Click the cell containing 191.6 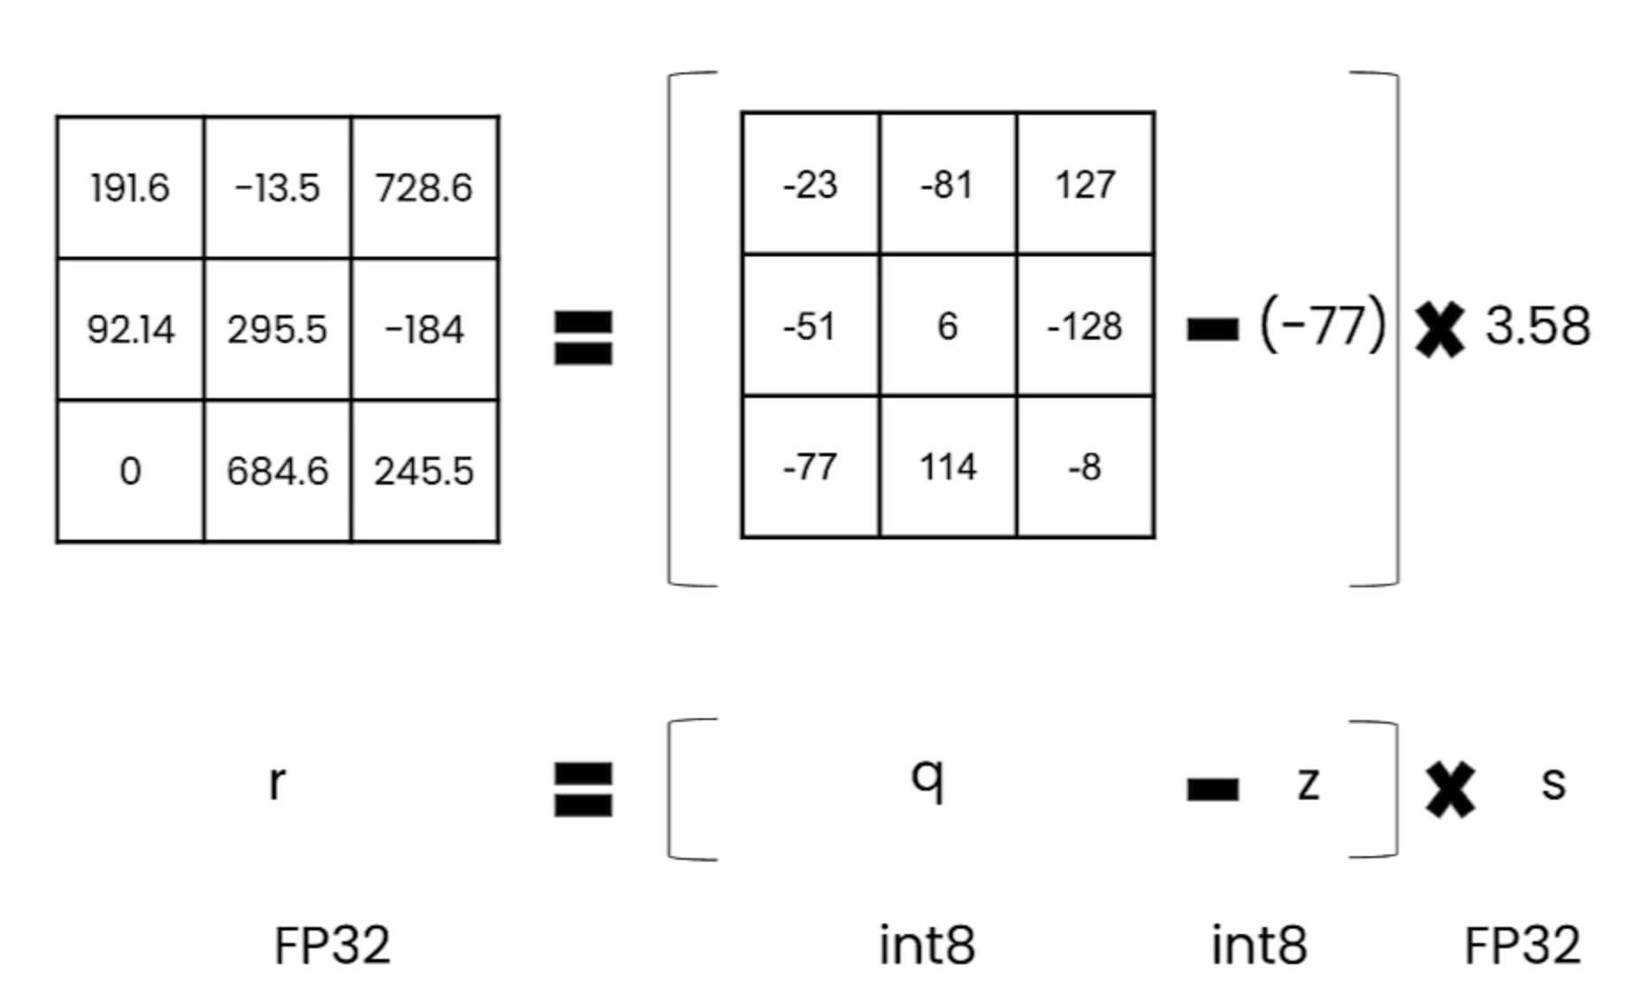click(130, 188)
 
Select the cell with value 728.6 click(424, 188)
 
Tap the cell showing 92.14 click(130, 329)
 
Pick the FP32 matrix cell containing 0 click(130, 471)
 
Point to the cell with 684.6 click(278, 471)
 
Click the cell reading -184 click(424, 329)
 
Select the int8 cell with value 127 click(1086, 184)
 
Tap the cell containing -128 click(1086, 326)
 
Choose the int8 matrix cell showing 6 click(948, 326)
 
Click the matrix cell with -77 click(810, 466)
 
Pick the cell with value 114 click(948, 466)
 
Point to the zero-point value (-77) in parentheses click(1323, 325)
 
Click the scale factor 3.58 click(1537, 325)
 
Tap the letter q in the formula click(927, 778)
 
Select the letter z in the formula click(1308, 783)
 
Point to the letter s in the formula click(1553, 783)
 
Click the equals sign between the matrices click(583, 337)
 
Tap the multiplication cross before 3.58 click(1439, 328)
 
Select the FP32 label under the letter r click(332, 945)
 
